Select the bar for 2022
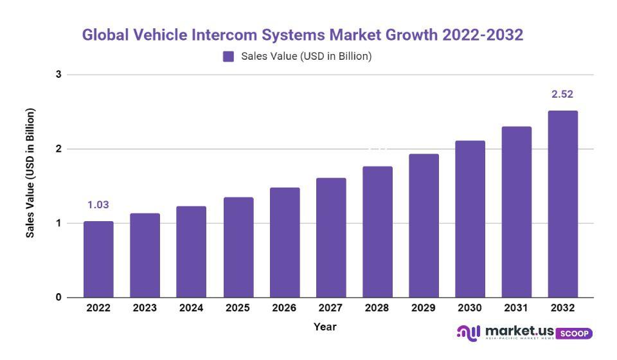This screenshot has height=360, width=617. click(98, 259)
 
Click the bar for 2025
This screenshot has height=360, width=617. click(238, 247)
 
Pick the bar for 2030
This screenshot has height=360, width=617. click(470, 219)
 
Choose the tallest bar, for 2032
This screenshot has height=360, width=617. click(562, 204)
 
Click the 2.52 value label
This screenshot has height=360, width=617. click(562, 94)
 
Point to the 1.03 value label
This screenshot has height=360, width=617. click(98, 205)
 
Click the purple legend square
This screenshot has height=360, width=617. click(228, 57)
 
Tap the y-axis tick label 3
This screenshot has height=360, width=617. click(58, 75)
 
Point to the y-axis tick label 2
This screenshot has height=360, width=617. click(58, 149)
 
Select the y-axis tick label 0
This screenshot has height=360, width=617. click(58, 298)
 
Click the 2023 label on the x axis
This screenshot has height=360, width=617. click(145, 309)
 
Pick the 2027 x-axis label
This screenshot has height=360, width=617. click(330, 309)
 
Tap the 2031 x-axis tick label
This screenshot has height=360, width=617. click(516, 309)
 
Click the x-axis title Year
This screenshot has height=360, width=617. click(325, 327)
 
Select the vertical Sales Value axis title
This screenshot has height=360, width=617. click(30, 173)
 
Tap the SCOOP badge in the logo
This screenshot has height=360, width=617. click(573, 334)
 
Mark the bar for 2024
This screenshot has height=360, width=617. click(191, 251)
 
